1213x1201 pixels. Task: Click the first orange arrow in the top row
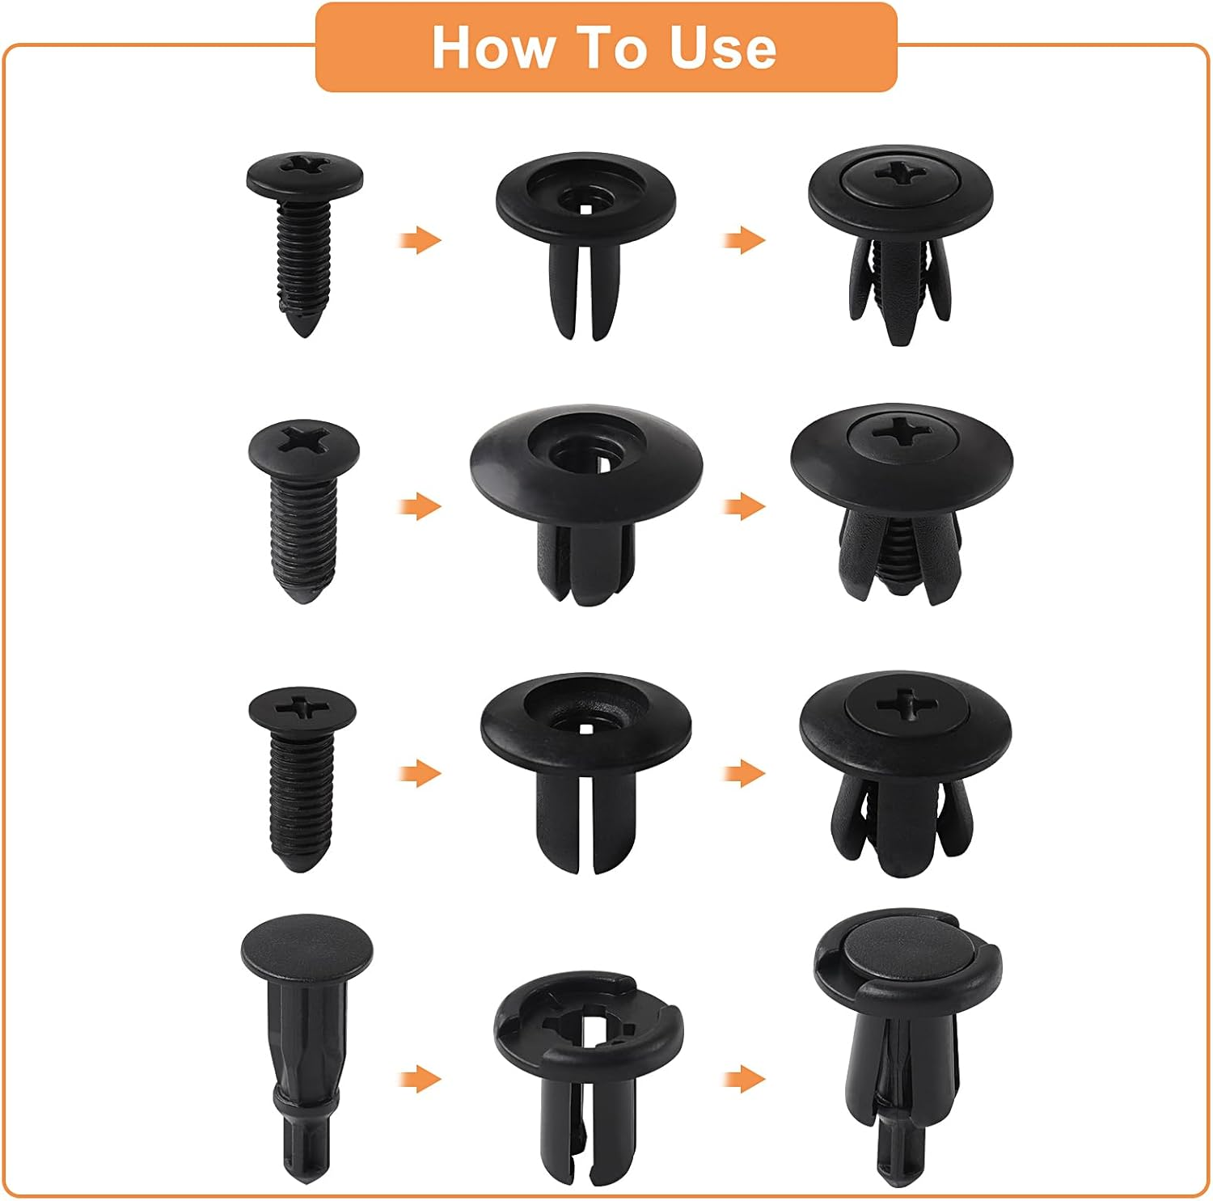pyautogui.click(x=421, y=240)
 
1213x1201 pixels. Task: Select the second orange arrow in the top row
pyautogui.click(x=745, y=240)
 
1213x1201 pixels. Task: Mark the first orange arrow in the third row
pyautogui.click(x=421, y=773)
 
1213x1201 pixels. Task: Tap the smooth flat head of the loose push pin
pyautogui.click(x=306, y=945)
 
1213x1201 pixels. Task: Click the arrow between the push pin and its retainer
pyautogui.click(x=421, y=1078)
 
